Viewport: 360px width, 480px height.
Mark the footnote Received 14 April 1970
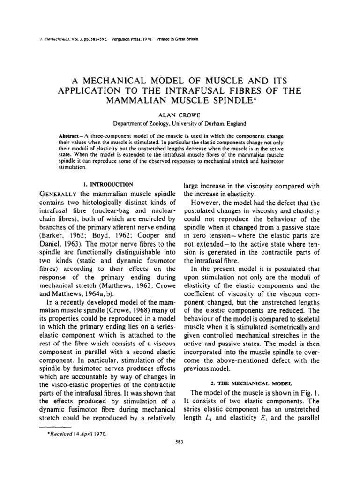tap(75, 434)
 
